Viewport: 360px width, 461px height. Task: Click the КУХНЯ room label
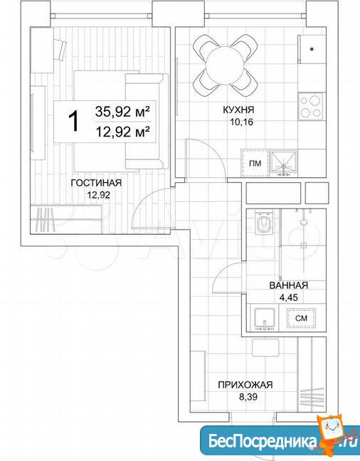(238, 110)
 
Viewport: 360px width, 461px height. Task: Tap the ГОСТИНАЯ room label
(96, 183)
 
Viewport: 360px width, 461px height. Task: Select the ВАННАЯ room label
(289, 285)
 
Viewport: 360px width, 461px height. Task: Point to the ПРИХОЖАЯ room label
(245, 385)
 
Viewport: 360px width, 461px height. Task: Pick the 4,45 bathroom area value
(288, 297)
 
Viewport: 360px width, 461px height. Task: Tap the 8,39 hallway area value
(248, 397)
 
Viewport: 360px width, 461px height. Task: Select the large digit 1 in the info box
(73, 122)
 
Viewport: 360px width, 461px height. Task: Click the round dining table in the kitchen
(225, 66)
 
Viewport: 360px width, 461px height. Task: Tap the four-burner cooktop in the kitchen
(310, 106)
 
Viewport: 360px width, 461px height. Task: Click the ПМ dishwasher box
(255, 163)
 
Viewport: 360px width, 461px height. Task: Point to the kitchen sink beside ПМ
(284, 163)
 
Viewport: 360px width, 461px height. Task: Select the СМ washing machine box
(301, 318)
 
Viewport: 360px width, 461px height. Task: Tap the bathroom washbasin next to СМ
(265, 319)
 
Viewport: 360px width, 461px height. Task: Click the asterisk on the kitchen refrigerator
(312, 49)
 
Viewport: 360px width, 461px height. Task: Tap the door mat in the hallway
(265, 348)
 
